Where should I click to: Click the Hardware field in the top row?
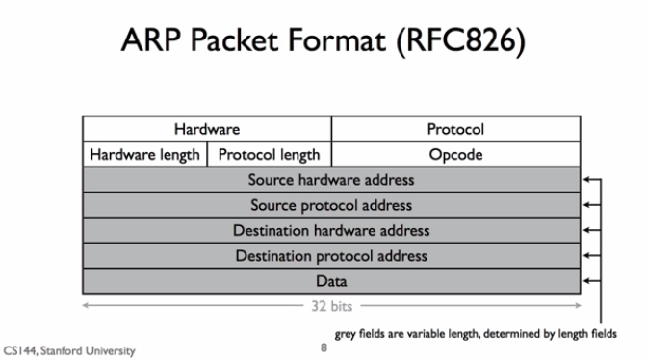[207, 129]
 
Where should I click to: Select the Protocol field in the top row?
[455, 129]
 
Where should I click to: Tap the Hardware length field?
[144, 154]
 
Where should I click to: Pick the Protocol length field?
[269, 154]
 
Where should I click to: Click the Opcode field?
[455, 154]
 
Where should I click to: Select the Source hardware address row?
[331, 180]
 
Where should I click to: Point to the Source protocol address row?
[331, 205]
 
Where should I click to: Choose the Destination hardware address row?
[331, 231]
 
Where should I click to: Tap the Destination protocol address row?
[331, 256]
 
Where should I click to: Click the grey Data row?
[331, 281]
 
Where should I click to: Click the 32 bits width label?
[331, 307]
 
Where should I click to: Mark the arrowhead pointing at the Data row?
[587, 282]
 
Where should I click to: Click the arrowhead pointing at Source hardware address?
[587, 180]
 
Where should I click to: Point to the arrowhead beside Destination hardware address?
[587, 231]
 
